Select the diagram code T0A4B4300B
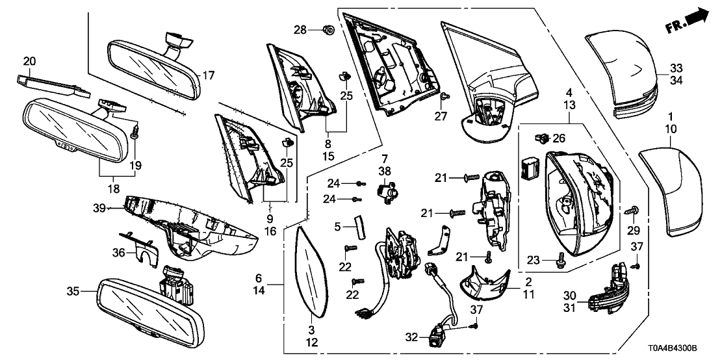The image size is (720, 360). click(x=680, y=349)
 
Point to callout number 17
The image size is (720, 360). click(x=207, y=75)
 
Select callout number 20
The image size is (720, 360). click(x=29, y=62)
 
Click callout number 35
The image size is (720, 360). click(x=73, y=292)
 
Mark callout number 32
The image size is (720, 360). click(x=411, y=338)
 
